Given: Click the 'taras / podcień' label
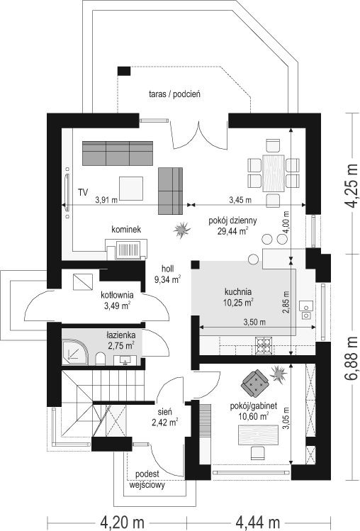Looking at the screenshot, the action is [174, 94].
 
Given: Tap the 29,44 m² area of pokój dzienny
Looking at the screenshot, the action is [232, 231].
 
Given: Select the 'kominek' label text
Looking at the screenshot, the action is [126, 229].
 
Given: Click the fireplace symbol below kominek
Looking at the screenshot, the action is [126, 250].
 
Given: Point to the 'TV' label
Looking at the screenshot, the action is [83, 193].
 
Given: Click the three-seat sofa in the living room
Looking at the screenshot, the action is [118, 153].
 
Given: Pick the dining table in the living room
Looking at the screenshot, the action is [274, 174].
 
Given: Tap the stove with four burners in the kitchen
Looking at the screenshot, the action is [263, 345].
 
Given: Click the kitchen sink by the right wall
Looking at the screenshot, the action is [306, 311].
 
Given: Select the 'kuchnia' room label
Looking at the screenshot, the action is [238, 291].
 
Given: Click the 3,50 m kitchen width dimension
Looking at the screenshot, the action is [254, 323].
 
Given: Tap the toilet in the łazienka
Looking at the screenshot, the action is [100, 359].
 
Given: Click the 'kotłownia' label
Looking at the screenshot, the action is [117, 295].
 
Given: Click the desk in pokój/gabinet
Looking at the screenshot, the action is [259, 435].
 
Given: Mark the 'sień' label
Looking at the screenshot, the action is [165, 412].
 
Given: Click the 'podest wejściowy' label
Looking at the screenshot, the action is [147, 479].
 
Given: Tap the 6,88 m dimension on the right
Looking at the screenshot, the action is [352, 358].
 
